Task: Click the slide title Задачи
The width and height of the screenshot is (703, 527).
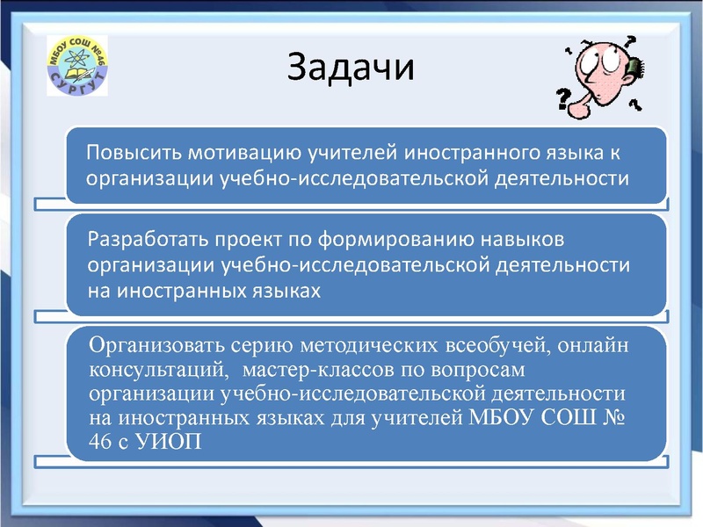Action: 351,69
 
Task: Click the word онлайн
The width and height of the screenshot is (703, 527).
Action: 597,344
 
